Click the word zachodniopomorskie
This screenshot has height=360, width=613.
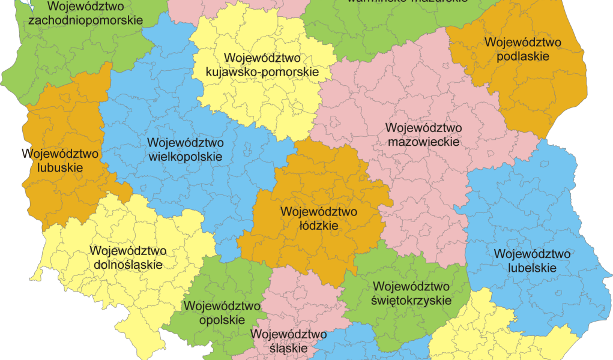[85, 20]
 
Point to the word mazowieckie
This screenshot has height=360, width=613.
[423, 142]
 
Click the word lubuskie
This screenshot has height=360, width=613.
[60, 168]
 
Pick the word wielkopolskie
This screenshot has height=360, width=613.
[184, 157]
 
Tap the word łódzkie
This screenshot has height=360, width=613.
[318, 227]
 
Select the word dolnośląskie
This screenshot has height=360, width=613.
[128, 265]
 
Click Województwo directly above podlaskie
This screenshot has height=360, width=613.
[523, 42]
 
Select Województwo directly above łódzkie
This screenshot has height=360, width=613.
[318, 212]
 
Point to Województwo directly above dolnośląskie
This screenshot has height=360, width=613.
[128, 250]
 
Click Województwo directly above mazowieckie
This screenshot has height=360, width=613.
[423, 128]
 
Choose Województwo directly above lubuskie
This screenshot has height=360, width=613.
[60, 154]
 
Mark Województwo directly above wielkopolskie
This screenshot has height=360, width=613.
[184, 143]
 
